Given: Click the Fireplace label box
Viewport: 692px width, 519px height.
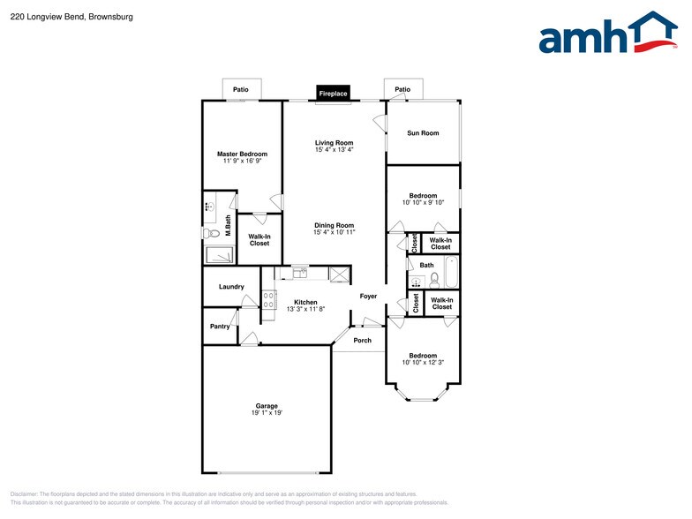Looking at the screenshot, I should (334, 93).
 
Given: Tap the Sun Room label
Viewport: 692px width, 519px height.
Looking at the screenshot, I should (422, 133).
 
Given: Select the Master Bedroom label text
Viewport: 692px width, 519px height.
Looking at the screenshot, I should (242, 154).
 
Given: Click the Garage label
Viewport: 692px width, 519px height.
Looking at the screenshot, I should (267, 406).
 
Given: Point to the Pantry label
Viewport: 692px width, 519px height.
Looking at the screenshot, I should (220, 327).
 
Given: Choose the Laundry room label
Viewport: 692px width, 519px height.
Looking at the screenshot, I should (231, 287).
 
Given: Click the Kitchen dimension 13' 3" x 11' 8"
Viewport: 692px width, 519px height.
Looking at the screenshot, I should (305, 309).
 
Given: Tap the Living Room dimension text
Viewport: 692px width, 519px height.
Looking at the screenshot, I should (334, 150).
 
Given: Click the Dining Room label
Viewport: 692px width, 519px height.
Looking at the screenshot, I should (334, 225).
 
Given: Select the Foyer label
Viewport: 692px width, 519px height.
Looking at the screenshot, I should (368, 297).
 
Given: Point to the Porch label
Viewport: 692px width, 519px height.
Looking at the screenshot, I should (362, 340).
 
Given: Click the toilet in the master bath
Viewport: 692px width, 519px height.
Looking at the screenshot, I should (210, 234).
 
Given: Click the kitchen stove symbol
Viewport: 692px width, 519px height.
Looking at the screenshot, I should (268, 301).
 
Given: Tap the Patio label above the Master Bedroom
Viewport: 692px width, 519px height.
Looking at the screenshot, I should (241, 90).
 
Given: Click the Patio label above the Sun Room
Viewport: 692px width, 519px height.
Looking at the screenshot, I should (402, 90).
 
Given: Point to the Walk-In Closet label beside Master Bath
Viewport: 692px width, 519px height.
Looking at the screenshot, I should (259, 239).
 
